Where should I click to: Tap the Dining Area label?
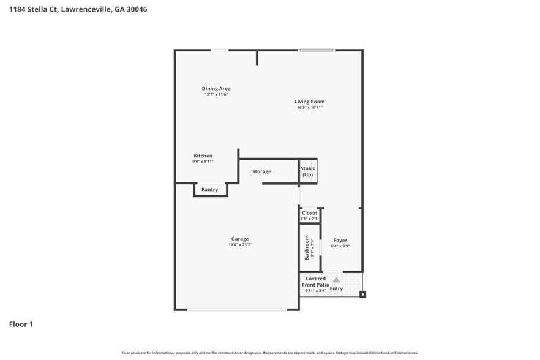coord(216,88)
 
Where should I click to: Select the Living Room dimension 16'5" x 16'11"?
coord(310,108)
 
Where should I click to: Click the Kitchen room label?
coord(203,156)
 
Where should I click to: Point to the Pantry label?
coord(210,190)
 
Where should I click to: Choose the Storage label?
coord(261,171)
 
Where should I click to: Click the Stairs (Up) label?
coord(307,171)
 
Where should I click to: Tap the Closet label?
coord(310,213)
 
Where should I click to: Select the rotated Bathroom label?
coord(307,247)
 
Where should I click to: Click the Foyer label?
coord(340,240)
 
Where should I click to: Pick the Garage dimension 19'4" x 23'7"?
coord(240,245)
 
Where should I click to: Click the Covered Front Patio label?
coord(316,282)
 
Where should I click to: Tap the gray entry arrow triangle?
coord(336,280)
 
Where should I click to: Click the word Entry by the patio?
coord(337,288)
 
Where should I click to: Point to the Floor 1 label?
coord(21,324)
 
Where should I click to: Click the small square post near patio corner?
coord(362,294)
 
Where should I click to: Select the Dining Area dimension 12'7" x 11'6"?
coord(216,94)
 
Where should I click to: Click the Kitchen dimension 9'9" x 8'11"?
coord(203,162)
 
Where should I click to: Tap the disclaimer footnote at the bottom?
coord(270,353)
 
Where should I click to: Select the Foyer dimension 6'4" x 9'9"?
coord(340,246)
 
